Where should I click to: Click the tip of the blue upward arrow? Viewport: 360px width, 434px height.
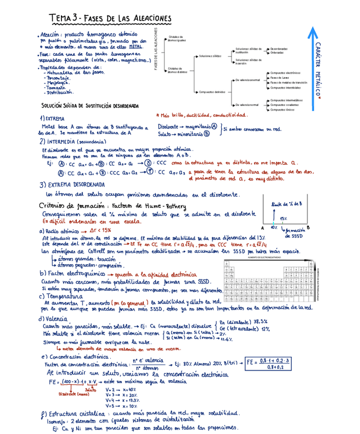point(312,28)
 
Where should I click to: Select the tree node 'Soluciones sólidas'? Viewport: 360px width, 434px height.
point(210,55)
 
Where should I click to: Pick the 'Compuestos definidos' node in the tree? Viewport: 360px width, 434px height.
point(212,92)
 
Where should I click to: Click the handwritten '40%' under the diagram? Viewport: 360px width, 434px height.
point(274,227)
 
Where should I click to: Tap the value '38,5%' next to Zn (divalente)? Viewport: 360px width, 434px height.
point(261,321)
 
